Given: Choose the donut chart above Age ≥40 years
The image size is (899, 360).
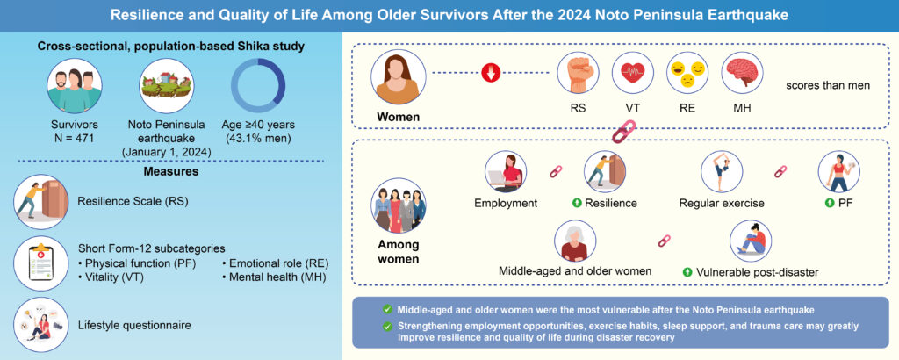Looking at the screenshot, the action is pyautogui.click(x=257, y=86).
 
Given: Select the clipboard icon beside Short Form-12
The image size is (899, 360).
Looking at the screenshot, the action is pyautogui.click(x=42, y=263).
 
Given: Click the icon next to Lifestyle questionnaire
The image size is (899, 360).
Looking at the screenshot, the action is pyautogui.click(x=42, y=324).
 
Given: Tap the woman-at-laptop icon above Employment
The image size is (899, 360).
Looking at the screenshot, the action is pyautogui.click(x=506, y=172).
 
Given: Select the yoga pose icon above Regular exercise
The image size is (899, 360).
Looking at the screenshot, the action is pyautogui.click(x=722, y=172).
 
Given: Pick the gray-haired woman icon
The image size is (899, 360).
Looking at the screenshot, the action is pyautogui.click(x=576, y=241).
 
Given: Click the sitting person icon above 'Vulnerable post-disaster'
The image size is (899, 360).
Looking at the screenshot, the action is pyautogui.click(x=752, y=241).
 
